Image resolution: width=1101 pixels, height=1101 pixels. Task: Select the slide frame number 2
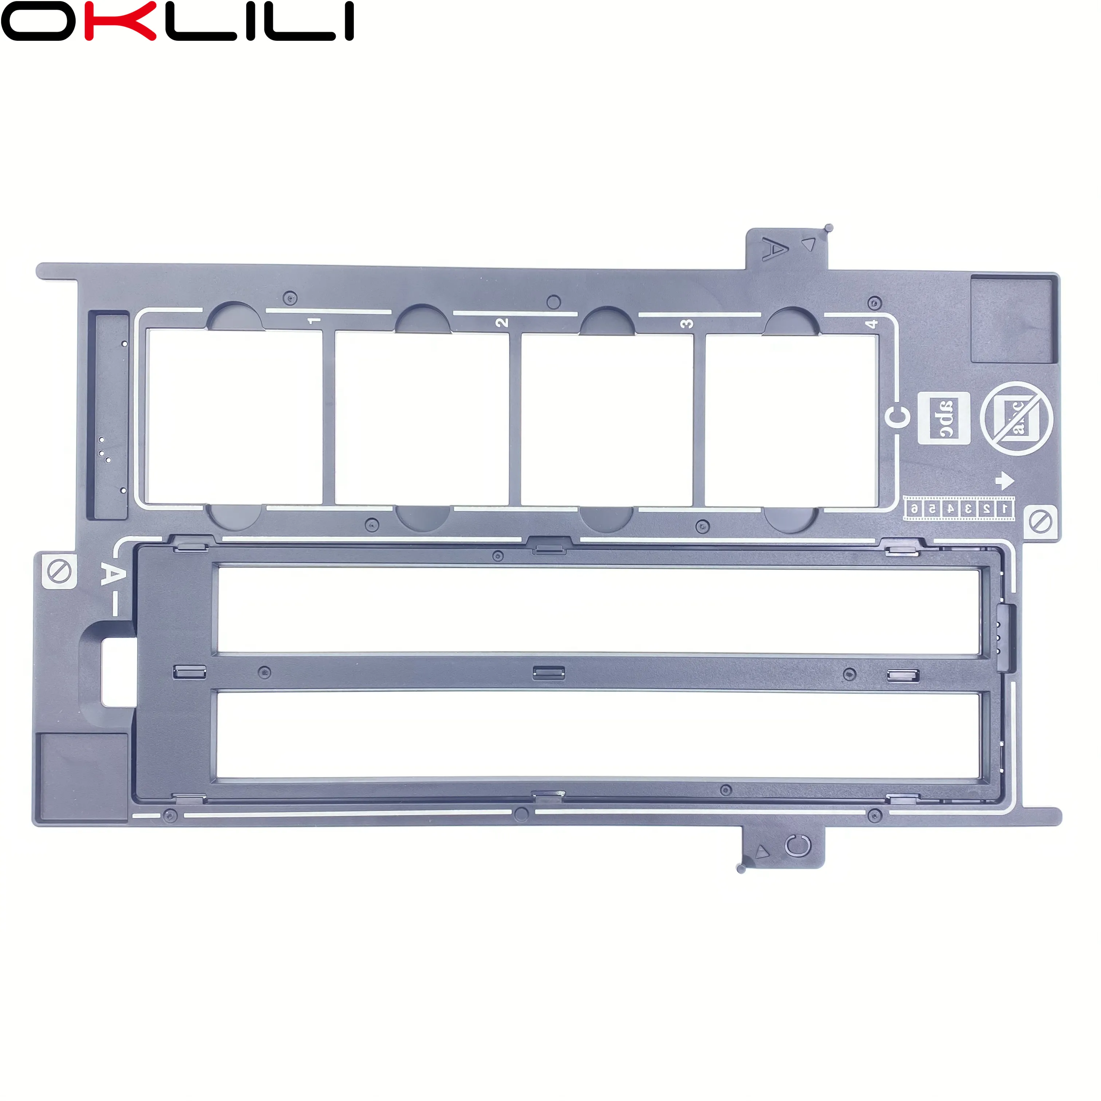(501, 323)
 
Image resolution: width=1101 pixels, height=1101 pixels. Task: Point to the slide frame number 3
(687, 324)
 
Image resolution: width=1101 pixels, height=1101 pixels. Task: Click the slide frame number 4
(871, 324)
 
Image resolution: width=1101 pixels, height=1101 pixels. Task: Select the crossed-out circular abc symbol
(1017, 419)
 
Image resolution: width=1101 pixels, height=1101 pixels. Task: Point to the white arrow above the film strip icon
(1005, 480)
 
